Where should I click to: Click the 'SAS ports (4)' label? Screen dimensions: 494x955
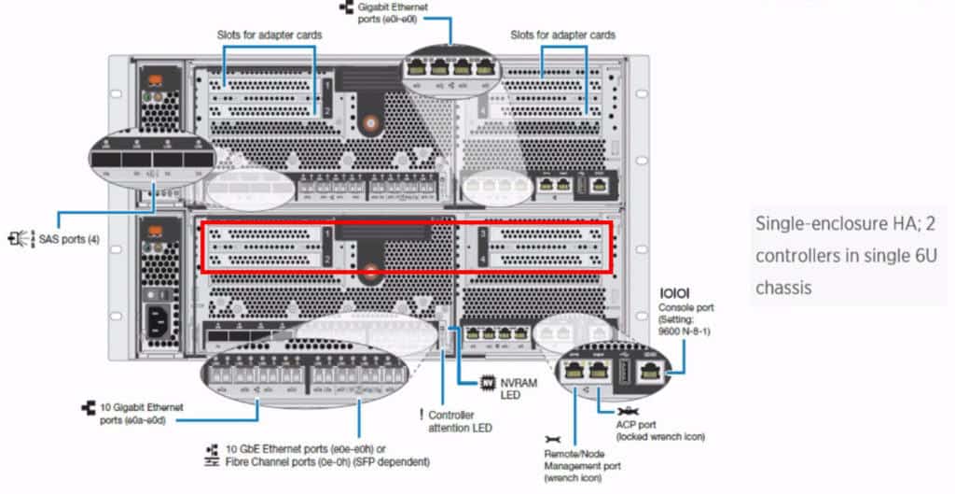pos(66,240)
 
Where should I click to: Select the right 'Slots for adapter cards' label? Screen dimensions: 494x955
pos(562,35)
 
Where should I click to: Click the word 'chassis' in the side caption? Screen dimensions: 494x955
pos(783,287)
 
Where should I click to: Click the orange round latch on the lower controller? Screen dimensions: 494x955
pos(371,274)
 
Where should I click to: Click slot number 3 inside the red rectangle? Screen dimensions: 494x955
pos(483,232)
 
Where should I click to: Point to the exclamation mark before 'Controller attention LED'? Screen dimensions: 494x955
pos(422,415)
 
